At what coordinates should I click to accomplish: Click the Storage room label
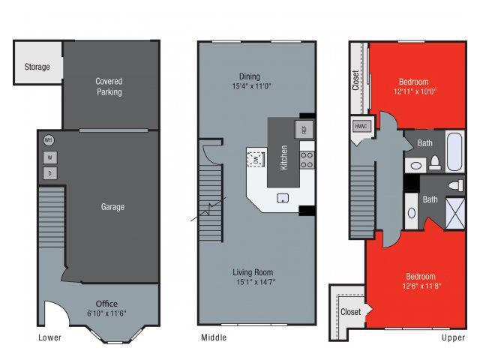tap(37, 67)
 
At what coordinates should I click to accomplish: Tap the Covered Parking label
tap(109, 86)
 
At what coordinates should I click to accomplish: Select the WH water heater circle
tap(49, 140)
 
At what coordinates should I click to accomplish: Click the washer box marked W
tap(49, 157)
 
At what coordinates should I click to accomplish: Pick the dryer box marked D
tap(49, 174)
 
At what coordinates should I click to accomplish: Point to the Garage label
tap(112, 207)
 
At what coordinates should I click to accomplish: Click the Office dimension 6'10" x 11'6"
tap(106, 313)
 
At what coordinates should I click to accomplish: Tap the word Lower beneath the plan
tap(49, 337)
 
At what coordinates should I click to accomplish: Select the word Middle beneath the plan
tap(214, 337)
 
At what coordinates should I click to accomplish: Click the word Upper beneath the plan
tap(453, 337)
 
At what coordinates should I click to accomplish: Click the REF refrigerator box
tap(304, 129)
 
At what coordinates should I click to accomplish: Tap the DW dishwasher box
tap(256, 160)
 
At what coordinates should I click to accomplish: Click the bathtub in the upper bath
tap(454, 153)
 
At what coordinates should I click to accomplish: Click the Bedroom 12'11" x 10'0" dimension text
tap(413, 91)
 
